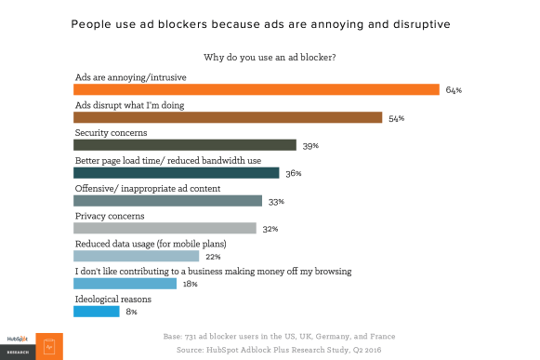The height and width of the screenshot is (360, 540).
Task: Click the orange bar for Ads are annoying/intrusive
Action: point(256,90)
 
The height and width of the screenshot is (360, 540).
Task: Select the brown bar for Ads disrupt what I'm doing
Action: point(228,117)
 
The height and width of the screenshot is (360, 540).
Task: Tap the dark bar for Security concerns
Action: point(185,145)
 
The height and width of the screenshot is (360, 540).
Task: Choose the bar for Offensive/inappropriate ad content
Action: point(168,201)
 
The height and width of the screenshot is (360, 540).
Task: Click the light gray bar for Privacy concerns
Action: point(165,228)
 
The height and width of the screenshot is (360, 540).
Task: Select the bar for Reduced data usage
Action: point(137,256)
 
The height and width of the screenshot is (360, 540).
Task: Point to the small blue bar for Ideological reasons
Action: point(96,311)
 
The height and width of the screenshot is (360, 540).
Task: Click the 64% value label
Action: point(454,91)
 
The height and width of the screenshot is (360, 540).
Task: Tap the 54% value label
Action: point(397,118)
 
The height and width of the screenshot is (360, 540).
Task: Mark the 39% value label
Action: point(311,146)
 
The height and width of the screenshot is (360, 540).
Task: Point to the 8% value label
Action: point(131,312)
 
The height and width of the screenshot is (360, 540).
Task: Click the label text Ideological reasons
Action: point(112,299)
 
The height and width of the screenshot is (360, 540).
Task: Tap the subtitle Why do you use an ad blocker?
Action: point(270,58)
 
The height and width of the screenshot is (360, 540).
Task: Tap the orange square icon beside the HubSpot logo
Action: point(49,346)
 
